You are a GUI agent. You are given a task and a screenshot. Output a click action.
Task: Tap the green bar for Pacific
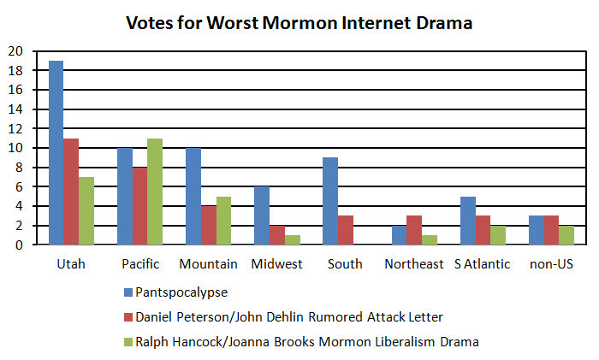155,192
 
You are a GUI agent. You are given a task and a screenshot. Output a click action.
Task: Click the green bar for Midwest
292,240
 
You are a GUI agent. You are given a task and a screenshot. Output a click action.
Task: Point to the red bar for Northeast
415,230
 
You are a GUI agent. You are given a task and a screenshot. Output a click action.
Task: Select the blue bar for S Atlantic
468,221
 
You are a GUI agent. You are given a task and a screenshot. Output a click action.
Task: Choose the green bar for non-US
567,235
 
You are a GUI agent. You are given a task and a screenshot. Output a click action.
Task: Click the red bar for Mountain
208,225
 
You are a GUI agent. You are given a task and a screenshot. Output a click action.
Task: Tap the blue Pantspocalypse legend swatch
127,292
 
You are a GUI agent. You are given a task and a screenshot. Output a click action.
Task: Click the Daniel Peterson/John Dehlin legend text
289,317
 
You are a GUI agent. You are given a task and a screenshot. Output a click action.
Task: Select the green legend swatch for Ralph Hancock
127,342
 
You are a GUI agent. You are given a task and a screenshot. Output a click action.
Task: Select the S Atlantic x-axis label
483,264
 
